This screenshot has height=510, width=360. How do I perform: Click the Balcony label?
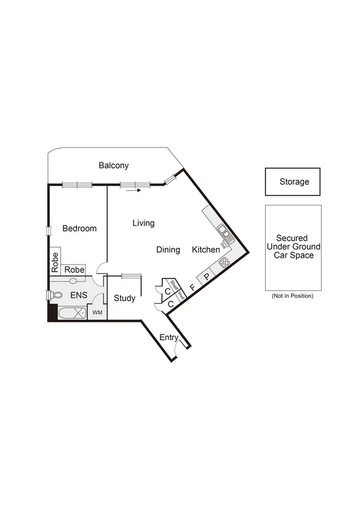[114, 165]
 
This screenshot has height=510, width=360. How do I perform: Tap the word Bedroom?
[79, 229]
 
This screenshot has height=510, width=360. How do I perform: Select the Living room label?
[143, 223]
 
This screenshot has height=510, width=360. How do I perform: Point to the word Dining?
[168, 250]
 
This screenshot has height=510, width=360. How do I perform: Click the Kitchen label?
[206, 250]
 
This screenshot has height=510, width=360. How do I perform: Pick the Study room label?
[124, 298]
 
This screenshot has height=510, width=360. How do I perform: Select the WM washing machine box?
[97, 313]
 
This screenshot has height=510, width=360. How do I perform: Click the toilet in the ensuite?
[57, 295]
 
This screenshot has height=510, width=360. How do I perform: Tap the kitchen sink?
[222, 232]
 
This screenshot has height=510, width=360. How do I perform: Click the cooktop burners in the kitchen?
[224, 262]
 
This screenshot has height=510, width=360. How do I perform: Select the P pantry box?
[206, 277]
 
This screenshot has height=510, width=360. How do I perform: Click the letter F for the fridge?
[192, 287]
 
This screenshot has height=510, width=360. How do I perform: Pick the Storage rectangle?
[293, 182]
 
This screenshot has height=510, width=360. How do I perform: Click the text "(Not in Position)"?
[293, 295]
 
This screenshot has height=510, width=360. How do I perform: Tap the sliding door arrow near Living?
[133, 191]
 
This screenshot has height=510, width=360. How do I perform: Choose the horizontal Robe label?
[74, 270]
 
